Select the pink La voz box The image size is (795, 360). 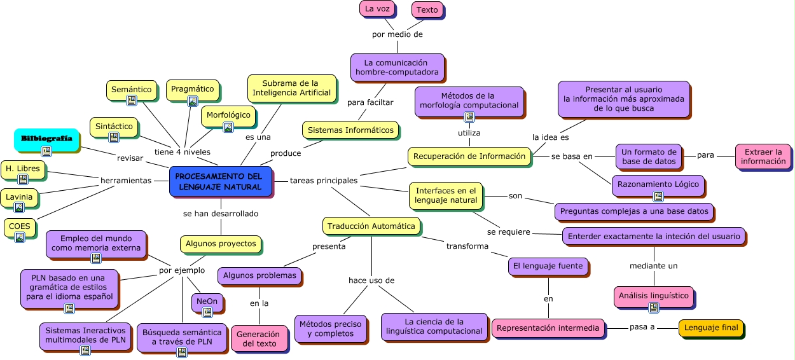377,8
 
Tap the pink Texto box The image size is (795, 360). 427,10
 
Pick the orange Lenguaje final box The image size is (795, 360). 710,328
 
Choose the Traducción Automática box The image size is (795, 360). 371,226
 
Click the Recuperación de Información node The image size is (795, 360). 469,156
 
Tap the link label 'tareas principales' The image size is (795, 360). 324,181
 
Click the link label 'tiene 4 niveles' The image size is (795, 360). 182,152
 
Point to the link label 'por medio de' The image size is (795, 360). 397,34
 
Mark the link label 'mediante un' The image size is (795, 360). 653,265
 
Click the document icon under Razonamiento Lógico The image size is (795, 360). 658,197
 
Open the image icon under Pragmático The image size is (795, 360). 193,100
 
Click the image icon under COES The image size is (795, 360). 20,237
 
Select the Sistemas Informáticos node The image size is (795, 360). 350,130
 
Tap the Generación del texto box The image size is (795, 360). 258,338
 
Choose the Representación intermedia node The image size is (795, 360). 548,328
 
